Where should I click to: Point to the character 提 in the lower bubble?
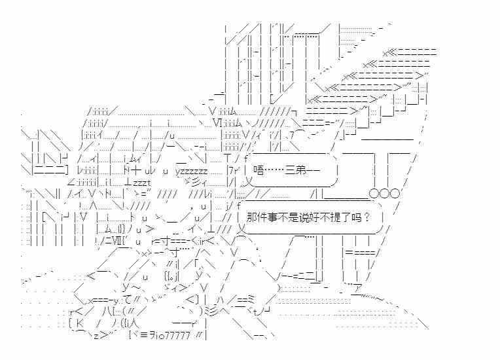point(336,217)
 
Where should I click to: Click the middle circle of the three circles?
point(384,194)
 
